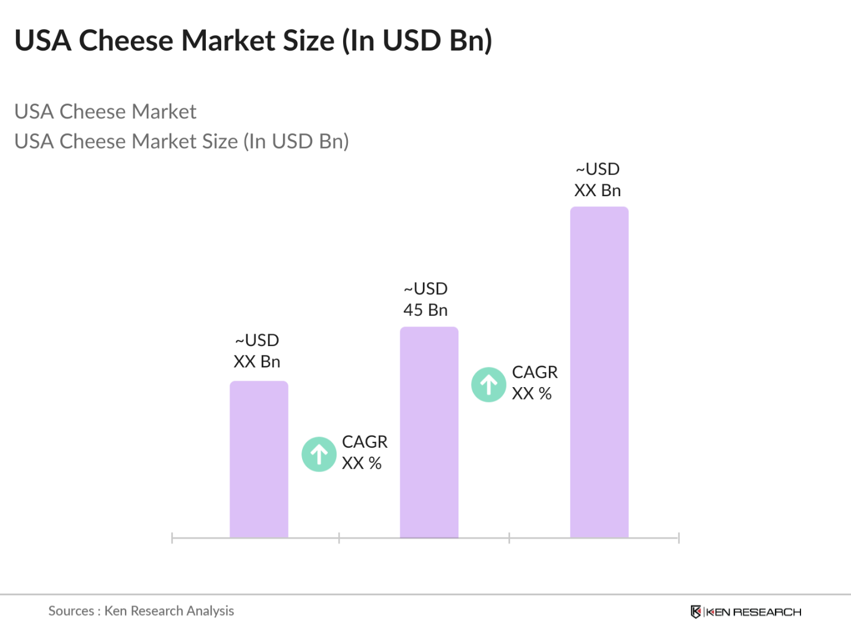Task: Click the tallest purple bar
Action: pyautogui.click(x=599, y=372)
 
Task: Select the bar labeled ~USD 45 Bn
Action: pyautogui.click(x=429, y=432)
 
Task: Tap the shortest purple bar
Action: pyautogui.click(x=259, y=459)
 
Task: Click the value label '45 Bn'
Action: pyautogui.click(x=425, y=310)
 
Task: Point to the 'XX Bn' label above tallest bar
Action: pyautogui.click(x=598, y=190)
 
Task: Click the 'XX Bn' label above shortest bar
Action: pyautogui.click(x=257, y=362)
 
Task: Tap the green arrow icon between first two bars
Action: pyautogui.click(x=319, y=454)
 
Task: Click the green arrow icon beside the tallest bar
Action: pyautogui.click(x=489, y=385)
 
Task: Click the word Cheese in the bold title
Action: pyautogui.click(x=127, y=40)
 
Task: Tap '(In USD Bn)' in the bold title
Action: pyautogui.click(x=417, y=40)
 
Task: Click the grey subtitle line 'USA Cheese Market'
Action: pyautogui.click(x=105, y=112)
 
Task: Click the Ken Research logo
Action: pyautogui.click(x=746, y=612)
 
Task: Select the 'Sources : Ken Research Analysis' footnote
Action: pyautogui.click(x=141, y=611)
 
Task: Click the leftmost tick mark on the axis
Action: pyautogui.click(x=172, y=538)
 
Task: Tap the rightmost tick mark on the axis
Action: pyautogui.click(x=679, y=538)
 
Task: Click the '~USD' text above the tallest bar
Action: pyautogui.click(x=598, y=169)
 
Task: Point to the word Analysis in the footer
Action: pyautogui.click(x=210, y=611)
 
